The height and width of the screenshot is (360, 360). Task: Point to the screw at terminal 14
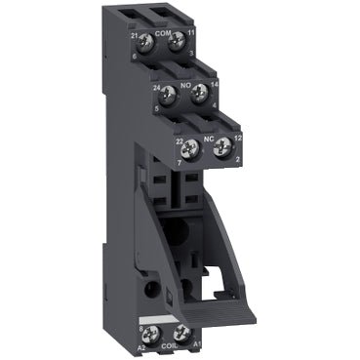[x=201, y=94]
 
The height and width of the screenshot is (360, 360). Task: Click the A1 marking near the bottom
[x=193, y=342]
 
